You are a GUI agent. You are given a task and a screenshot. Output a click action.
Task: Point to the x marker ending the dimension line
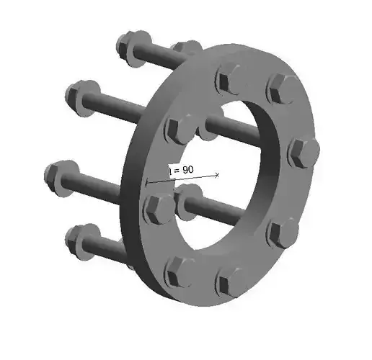[x=217, y=174]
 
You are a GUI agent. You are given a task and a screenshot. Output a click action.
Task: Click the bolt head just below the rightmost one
[x=284, y=233]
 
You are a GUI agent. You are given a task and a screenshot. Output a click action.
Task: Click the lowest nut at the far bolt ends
[x=81, y=235]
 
